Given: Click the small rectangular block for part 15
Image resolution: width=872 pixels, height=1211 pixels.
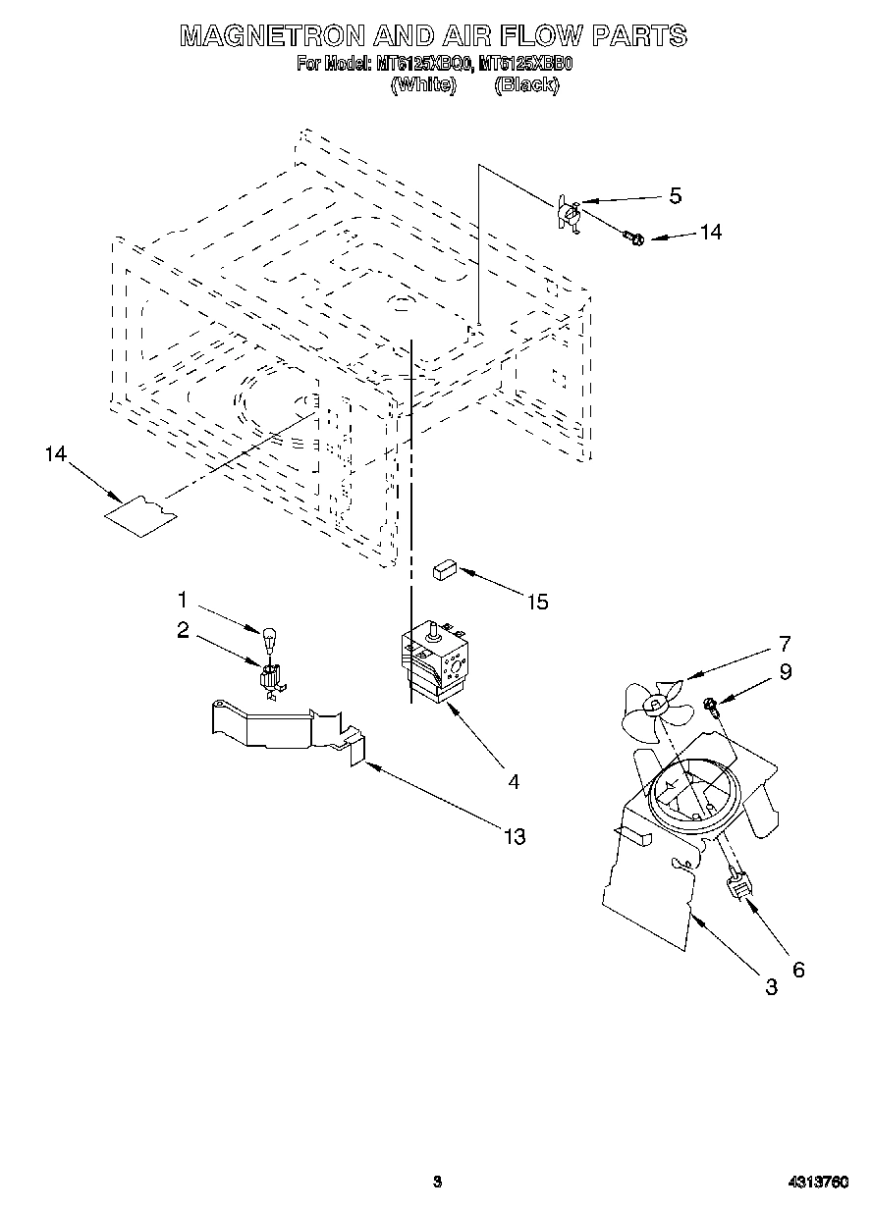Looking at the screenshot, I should click(443, 568).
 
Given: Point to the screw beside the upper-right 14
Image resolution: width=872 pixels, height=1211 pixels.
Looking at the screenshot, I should click(632, 236).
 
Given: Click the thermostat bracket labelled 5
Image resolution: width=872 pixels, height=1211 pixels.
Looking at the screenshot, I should click(567, 213).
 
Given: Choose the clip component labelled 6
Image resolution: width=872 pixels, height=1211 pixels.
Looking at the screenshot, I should click(739, 886).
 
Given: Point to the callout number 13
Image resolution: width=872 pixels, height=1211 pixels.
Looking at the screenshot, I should click(514, 836).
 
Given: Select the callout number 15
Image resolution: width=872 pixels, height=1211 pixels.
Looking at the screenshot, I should click(537, 602).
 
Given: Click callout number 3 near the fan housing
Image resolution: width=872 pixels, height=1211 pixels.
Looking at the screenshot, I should click(771, 987).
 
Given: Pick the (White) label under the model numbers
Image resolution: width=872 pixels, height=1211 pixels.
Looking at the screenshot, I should click(423, 85).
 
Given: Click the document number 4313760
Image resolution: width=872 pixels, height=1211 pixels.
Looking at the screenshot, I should click(816, 1182).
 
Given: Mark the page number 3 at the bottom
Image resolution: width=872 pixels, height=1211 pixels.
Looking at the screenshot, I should click(438, 1182).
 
